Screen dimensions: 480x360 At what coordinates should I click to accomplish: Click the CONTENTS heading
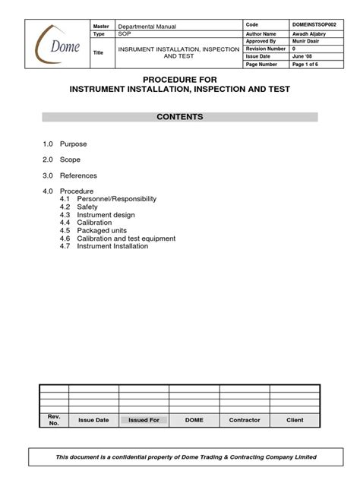point(180,117)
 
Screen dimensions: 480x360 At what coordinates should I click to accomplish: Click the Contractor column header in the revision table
point(244,419)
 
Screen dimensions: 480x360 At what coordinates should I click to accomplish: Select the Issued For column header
point(144,419)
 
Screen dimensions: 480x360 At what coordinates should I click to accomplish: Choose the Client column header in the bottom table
point(294,419)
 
